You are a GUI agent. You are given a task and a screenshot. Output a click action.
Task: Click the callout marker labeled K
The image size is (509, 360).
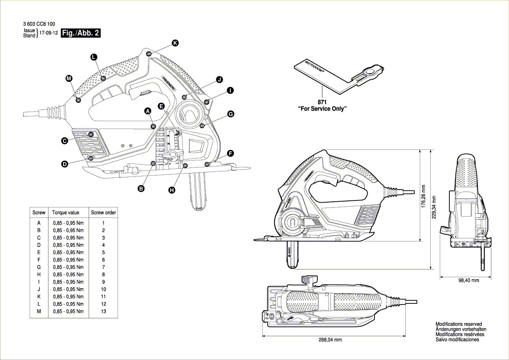(175, 43)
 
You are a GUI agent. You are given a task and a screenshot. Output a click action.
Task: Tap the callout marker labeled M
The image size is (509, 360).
(69, 78)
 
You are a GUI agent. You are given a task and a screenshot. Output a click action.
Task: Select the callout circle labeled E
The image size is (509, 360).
(161, 106)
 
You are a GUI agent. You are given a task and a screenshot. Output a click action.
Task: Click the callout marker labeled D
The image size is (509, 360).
(64, 164)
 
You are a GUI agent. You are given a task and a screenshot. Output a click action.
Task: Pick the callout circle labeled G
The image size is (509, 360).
(230, 114)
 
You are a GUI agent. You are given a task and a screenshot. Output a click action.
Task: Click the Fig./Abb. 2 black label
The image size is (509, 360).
(81, 34)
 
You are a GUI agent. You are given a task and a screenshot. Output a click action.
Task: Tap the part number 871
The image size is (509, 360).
(322, 102)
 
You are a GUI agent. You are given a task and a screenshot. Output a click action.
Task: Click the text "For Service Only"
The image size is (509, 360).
(322, 109)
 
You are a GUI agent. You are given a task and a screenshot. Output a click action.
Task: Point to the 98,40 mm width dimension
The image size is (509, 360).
(468, 280)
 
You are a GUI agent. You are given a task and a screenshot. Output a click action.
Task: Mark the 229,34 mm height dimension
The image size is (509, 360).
(434, 208)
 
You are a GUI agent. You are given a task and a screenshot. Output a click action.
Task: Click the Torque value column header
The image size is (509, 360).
(66, 213)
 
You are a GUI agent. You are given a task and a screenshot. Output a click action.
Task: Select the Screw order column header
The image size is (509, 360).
(103, 213)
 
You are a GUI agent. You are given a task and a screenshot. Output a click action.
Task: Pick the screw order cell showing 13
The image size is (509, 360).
(103, 312)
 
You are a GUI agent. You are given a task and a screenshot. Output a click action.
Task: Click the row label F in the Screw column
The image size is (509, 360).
(39, 260)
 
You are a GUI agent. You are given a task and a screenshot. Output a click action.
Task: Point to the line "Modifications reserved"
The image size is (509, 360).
(458, 324)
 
